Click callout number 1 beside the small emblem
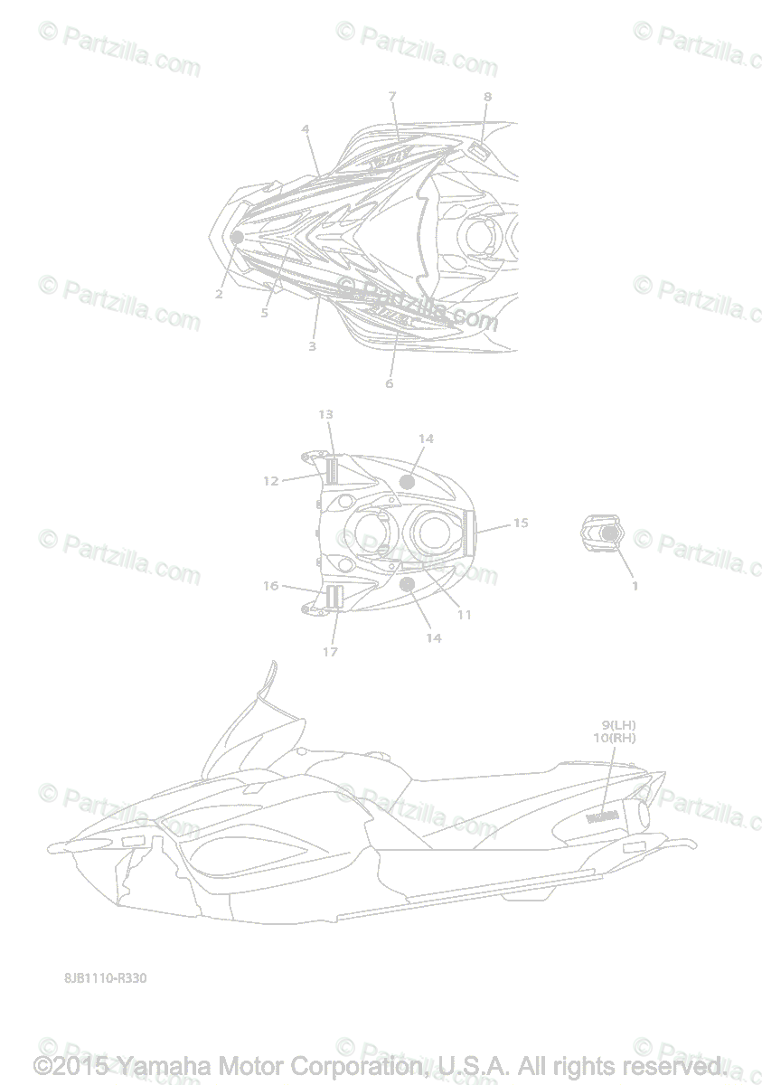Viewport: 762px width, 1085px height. point(635,586)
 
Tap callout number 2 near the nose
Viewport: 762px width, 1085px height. point(219,294)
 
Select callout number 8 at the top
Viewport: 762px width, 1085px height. point(487,97)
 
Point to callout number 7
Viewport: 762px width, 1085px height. point(392,96)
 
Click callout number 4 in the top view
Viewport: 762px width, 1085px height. point(306,129)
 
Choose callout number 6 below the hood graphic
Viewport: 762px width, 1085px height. point(389,382)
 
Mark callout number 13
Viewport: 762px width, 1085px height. point(325,414)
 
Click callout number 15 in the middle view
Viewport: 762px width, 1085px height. point(521,523)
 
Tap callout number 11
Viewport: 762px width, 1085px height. point(464,615)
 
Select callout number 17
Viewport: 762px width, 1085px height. point(330,651)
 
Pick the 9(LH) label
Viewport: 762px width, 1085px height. point(618,724)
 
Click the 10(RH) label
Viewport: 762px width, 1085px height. point(615,738)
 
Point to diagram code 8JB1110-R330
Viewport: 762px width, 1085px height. point(105,978)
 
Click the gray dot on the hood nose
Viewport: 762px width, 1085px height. point(237,237)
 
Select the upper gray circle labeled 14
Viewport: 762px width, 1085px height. point(408,482)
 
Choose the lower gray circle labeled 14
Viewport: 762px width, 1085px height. point(407,585)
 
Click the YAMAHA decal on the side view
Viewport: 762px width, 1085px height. point(602,817)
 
